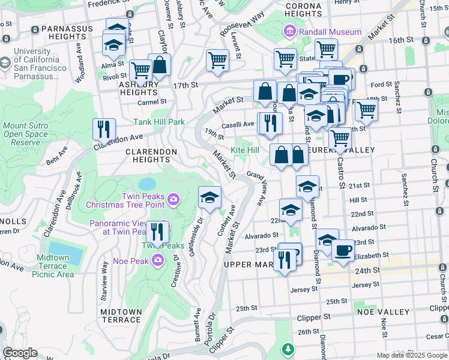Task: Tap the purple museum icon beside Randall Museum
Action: point(290,31)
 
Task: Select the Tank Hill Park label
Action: point(159,122)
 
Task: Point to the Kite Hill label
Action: point(245,149)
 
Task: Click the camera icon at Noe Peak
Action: point(157,260)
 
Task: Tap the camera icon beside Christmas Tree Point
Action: point(173,199)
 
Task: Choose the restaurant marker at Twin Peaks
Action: point(157,230)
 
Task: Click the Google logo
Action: point(20,353)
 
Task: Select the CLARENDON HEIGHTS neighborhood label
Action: point(151,155)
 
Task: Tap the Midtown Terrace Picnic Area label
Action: point(56,266)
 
